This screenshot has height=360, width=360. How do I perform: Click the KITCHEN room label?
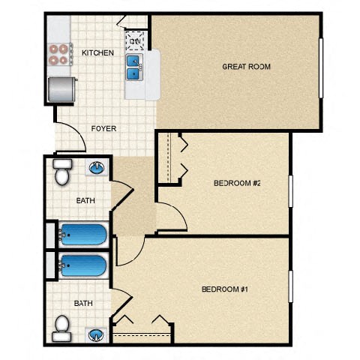point(97,52)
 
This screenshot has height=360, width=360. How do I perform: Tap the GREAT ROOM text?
point(246,67)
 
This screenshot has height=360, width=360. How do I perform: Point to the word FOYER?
point(103,128)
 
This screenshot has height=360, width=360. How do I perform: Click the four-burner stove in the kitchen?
point(58,52)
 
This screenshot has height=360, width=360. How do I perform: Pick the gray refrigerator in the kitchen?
point(60,90)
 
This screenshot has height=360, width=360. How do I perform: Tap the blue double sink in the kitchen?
point(133,67)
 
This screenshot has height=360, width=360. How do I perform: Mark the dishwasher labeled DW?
point(135,39)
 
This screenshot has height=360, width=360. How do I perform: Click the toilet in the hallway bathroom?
point(61,173)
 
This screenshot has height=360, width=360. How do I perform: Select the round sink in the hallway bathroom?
point(97,168)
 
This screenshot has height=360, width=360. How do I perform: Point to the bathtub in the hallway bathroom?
point(82,235)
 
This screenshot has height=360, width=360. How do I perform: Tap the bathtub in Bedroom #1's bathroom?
point(82,265)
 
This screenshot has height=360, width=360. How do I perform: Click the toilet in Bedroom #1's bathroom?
point(61,325)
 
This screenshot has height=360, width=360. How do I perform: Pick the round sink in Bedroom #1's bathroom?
point(96,334)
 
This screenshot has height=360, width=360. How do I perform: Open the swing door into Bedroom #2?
point(172,217)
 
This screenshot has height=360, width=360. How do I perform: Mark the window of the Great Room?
point(321,67)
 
